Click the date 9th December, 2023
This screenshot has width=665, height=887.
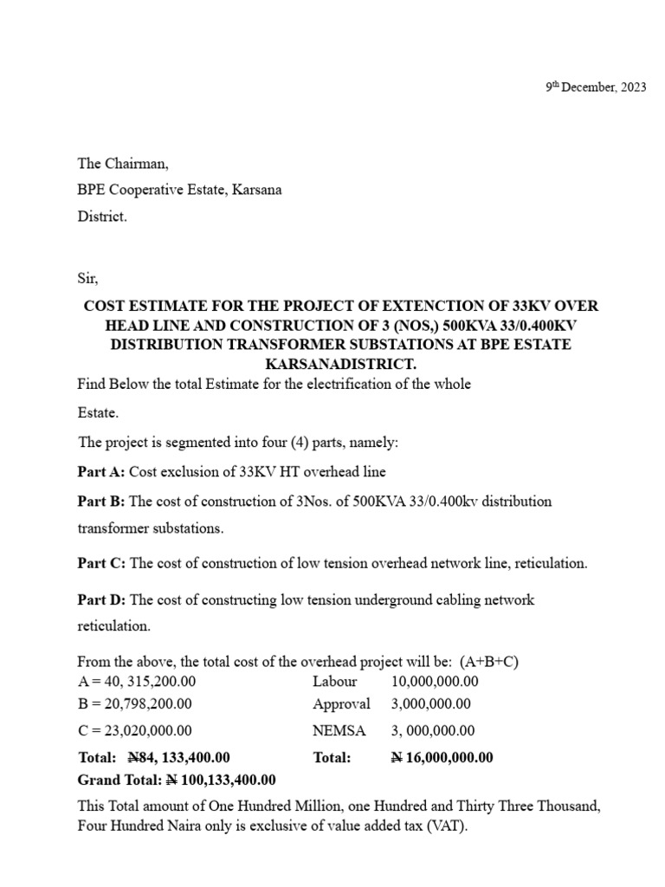coord(596,87)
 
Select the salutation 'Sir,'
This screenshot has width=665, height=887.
coord(88,278)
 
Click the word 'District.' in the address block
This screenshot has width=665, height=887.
coord(102,217)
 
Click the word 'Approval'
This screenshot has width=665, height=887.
coord(341,704)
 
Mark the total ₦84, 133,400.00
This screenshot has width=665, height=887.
coord(178,757)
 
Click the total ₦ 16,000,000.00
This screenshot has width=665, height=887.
coord(442,757)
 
